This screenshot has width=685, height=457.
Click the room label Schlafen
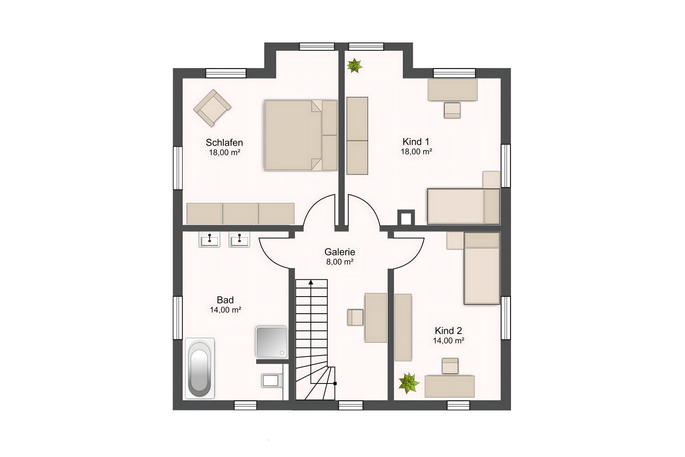[x=224, y=143]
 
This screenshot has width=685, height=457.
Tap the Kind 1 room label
[x=416, y=142]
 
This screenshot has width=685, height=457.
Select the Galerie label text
[x=340, y=252]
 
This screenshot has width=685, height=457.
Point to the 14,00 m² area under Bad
[x=226, y=310]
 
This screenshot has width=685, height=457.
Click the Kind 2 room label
[x=448, y=330]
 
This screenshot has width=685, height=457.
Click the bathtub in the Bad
[x=200, y=368]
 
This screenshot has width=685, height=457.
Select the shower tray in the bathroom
[x=272, y=342]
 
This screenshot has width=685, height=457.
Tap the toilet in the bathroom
[x=272, y=381]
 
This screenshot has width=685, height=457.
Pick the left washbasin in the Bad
[x=210, y=239]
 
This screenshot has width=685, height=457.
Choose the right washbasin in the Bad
[x=239, y=239]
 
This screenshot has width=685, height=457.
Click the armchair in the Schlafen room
[x=212, y=108]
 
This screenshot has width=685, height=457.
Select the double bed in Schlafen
[x=301, y=135]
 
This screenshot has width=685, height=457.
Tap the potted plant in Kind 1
[x=354, y=65]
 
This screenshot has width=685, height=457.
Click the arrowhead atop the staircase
[x=311, y=282]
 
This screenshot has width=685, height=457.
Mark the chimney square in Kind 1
[x=406, y=218]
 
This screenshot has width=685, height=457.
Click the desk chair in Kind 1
[x=452, y=110]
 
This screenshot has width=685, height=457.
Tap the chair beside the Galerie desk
[x=355, y=317]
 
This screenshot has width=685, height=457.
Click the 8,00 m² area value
[x=340, y=262]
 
